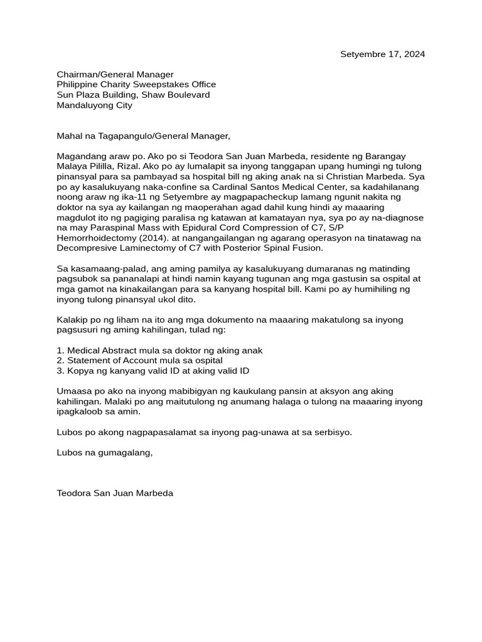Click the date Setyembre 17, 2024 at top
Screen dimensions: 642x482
[382, 54]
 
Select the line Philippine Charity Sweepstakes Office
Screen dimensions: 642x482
[136, 85]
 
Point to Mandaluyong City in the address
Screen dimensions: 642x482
[94, 105]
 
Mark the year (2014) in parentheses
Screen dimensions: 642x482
[154, 238]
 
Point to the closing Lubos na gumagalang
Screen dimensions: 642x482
[104, 453]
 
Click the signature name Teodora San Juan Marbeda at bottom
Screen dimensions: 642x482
[115, 493]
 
